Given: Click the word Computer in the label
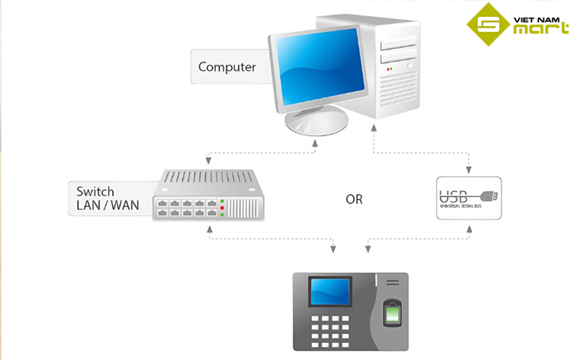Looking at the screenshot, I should [x=226, y=67].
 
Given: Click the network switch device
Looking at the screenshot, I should [x=208, y=196].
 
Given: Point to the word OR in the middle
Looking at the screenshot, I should [x=354, y=200].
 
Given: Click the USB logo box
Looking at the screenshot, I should [x=468, y=198].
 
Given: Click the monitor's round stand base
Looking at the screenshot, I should [x=317, y=123].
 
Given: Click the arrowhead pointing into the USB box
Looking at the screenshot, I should [x=468, y=170].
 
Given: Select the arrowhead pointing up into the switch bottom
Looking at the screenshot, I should [x=209, y=229].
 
